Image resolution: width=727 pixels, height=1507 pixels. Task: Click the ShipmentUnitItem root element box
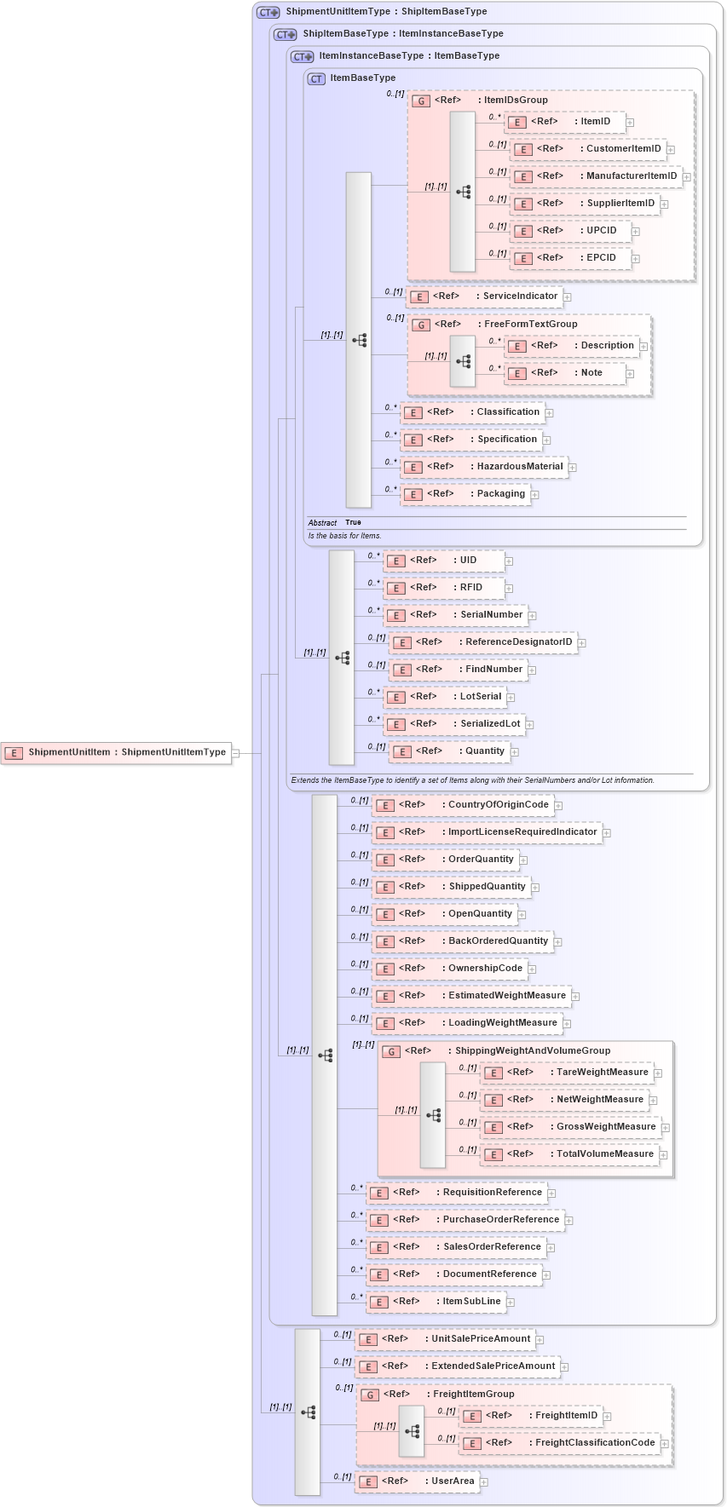pos(117,752)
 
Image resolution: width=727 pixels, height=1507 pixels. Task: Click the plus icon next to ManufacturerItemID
pos(687,176)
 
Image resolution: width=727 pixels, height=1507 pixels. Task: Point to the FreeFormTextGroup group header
pos(530,325)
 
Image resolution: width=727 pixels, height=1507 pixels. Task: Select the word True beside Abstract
pos(353,522)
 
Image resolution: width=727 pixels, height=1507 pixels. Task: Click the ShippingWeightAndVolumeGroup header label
pos(532,1051)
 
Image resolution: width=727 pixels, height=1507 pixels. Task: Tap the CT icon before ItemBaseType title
pos(316,78)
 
